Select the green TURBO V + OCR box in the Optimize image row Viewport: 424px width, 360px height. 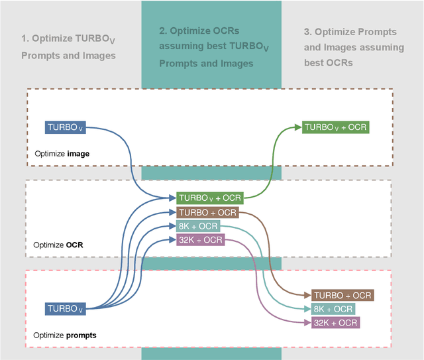click(335, 127)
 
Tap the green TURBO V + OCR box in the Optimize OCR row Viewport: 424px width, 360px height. click(210, 198)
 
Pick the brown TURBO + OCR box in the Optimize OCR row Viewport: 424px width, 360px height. click(207, 212)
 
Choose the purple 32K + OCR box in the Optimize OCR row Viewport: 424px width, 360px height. click(200, 240)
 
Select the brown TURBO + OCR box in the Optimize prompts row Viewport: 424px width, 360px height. click(343, 295)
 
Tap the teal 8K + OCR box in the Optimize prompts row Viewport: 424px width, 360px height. click(333, 309)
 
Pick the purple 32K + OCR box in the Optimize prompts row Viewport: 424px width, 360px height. click(335, 323)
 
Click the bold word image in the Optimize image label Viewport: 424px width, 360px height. click(78, 154)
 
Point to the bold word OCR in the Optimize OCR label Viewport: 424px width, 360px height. click(75, 245)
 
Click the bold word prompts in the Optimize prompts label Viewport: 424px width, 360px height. click(81, 335)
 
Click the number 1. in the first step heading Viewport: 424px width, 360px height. click(25, 39)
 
